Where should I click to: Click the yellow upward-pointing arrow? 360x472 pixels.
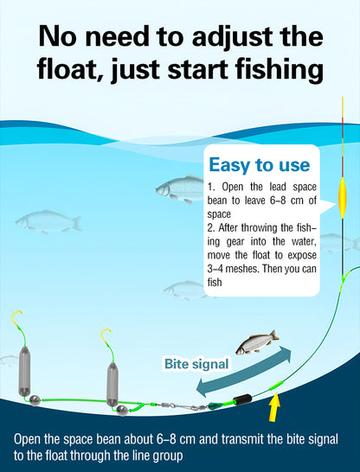[x=274, y=407]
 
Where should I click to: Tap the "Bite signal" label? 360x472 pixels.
[x=196, y=364]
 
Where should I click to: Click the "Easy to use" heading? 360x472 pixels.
[x=260, y=165]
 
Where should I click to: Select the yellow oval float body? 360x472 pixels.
[x=342, y=197]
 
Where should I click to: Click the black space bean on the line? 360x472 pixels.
[x=243, y=399]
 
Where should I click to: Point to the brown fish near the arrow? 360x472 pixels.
[x=257, y=342]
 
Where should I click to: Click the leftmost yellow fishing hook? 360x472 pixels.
[x=18, y=322]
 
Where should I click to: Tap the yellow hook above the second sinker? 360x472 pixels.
[x=106, y=339]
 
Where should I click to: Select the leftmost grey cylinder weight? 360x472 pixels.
[x=24, y=371]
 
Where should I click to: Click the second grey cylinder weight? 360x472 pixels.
[x=112, y=384]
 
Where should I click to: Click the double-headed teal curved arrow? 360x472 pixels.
[x=243, y=372]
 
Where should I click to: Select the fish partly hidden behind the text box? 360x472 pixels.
[x=180, y=189]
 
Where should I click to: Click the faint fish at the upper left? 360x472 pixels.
[x=48, y=221]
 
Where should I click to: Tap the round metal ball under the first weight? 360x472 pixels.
[x=35, y=400]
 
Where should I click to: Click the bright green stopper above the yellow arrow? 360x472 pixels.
[x=276, y=386]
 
